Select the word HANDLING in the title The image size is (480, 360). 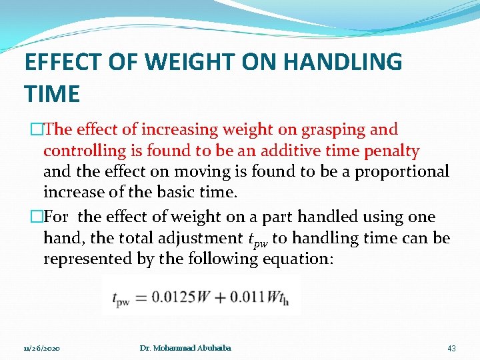[344, 62]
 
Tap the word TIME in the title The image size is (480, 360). [52, 94]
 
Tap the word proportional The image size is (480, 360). [402, 172]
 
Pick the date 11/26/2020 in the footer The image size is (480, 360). [41, 349]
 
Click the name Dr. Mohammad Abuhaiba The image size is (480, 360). [185, 349]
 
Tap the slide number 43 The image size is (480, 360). [451, 348]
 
